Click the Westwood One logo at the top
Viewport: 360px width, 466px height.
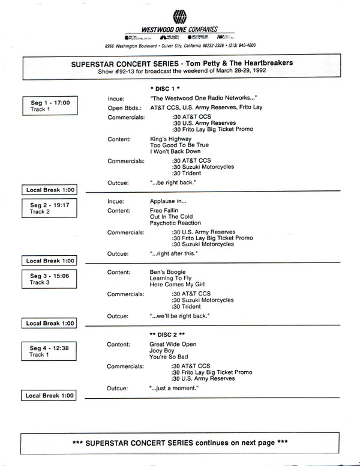coord(178,16)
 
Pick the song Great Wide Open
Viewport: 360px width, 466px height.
coord(173,344)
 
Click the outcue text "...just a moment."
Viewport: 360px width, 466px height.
coord(175,389)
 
